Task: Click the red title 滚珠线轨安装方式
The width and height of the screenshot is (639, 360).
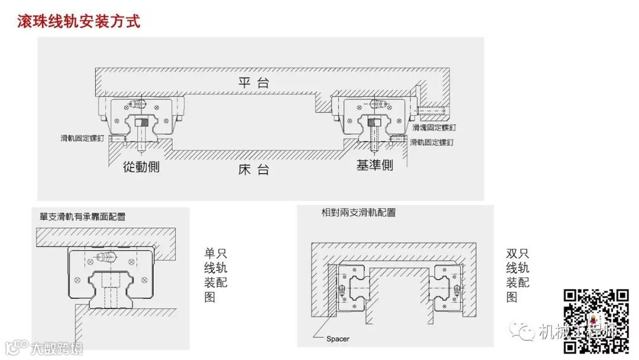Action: (x=79, y=22)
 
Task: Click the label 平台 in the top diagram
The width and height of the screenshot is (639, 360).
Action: (x=254, y=83)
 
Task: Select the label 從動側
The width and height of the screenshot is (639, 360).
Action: (x=141, y=167)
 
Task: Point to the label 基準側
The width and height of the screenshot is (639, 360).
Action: (x=375, y=165)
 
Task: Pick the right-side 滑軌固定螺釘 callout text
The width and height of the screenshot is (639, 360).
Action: (x=432, y=142)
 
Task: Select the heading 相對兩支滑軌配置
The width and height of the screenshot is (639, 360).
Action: (x=359, y=213)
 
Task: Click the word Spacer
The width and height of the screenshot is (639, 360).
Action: (x=338, y=339)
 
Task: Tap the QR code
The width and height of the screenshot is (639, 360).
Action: (x=595, y=322)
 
